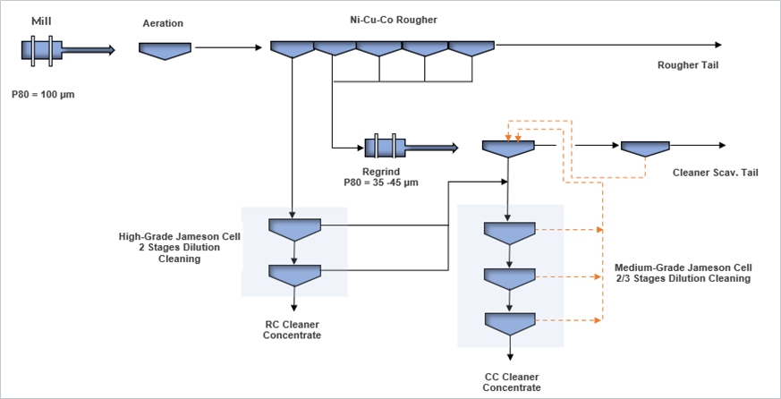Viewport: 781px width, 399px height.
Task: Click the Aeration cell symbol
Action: click(x=165, y=50)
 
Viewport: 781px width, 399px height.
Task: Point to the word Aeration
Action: click(x=163, y=22)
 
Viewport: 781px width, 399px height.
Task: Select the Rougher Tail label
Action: click(x=688, y=64)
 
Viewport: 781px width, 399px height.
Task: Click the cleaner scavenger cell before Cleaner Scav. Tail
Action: click(x=645, y=148)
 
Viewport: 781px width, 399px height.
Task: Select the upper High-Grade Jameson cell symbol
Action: click(x=294, y=228)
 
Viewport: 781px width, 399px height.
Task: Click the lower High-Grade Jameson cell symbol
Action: click(x=294, y=274)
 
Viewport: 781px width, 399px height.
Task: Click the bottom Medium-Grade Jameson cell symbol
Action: click(x=509, y=322)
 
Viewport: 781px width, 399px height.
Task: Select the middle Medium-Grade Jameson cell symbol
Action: click(x=509, y=276)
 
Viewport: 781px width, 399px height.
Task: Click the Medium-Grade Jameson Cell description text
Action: click(x=683, y=273)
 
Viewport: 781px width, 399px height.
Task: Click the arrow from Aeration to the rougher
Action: click(x=227, y=47)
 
